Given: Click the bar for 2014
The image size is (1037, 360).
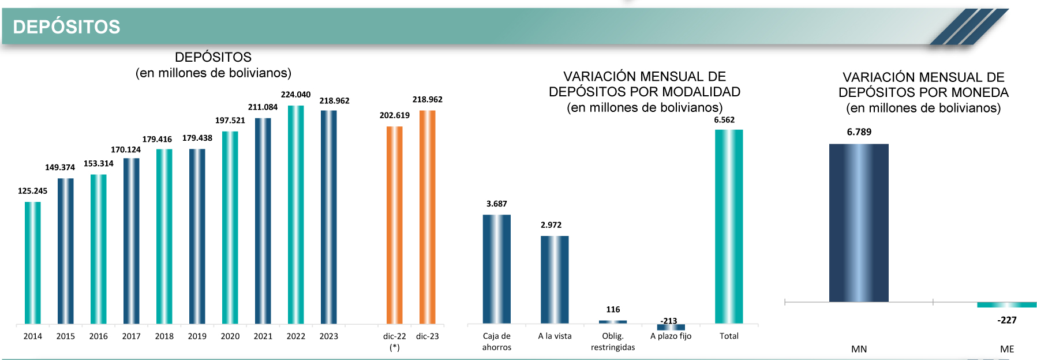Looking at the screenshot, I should tap(33, 262).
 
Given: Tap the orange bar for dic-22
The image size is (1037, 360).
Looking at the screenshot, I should tap(395, 225).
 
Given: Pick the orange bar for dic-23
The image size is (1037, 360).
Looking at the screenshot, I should tap(428, 217).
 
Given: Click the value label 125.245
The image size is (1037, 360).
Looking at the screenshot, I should tap(33, 191).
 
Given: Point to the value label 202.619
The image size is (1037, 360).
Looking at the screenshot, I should tap(395, 115).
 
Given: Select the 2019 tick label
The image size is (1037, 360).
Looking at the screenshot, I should tap(197, 336).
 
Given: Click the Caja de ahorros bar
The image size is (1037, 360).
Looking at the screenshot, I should tap(497, 269).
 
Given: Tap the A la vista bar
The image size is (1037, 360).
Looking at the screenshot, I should tap(555, 279).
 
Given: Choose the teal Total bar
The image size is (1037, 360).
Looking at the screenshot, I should tap(729, 226).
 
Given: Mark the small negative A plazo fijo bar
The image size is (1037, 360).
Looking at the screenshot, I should tap(671, 327).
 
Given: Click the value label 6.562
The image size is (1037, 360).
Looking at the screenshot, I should tap(724, 120).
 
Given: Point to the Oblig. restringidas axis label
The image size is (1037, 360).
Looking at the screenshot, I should tap(613, 342).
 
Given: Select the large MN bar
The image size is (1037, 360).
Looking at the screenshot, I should tap(859, 223).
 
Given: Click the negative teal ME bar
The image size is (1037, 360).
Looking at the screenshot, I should tap(1006, 305).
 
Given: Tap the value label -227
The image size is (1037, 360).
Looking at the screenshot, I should tap(1007, 320).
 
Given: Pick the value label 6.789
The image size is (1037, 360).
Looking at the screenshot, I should tap(859, 132).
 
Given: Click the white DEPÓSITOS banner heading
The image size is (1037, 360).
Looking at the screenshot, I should tap(66, 27).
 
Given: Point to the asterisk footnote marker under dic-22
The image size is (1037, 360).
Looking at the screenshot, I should tap(395, 347).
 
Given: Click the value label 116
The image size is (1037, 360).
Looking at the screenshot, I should tap(613, 310).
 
